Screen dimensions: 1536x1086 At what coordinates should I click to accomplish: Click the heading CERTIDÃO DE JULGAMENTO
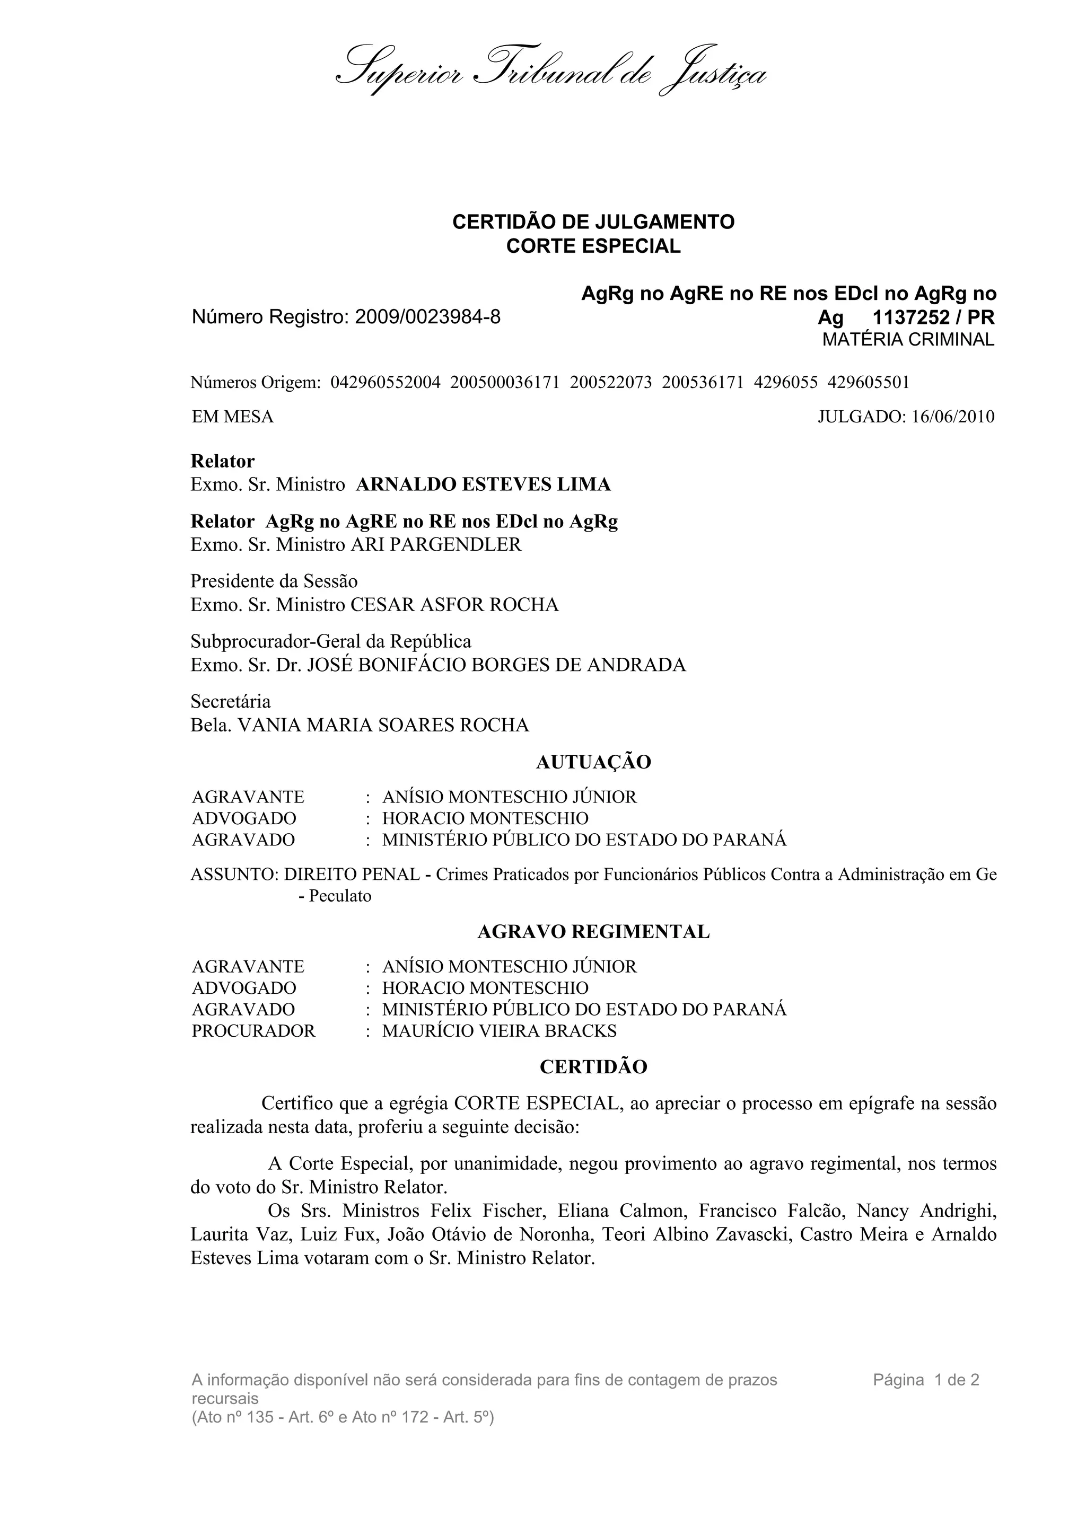(593, 222)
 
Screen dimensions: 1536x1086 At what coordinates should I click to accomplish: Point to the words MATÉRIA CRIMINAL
(908, 340)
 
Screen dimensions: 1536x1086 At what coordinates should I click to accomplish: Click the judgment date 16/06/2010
(953, 417)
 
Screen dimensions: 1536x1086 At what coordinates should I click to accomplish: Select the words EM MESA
(233, 417)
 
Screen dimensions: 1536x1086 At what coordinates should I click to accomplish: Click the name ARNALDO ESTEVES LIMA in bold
(483, 484)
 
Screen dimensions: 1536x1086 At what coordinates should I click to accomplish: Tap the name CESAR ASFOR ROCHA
(454, 605)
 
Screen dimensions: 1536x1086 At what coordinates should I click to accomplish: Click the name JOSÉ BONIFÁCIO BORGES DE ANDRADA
(496, 665)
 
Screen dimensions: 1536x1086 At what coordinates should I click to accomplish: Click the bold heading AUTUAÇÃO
(593, 762)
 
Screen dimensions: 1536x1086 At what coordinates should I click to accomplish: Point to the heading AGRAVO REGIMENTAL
(593, 932)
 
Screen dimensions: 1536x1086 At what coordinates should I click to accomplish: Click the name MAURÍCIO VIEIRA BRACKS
(499, 1031)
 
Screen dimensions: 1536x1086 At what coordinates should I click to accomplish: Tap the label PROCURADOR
(253, 1031)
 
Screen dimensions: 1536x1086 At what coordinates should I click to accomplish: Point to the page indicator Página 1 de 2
(926, 1380)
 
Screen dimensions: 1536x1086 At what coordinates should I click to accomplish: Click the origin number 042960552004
(386, 383)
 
